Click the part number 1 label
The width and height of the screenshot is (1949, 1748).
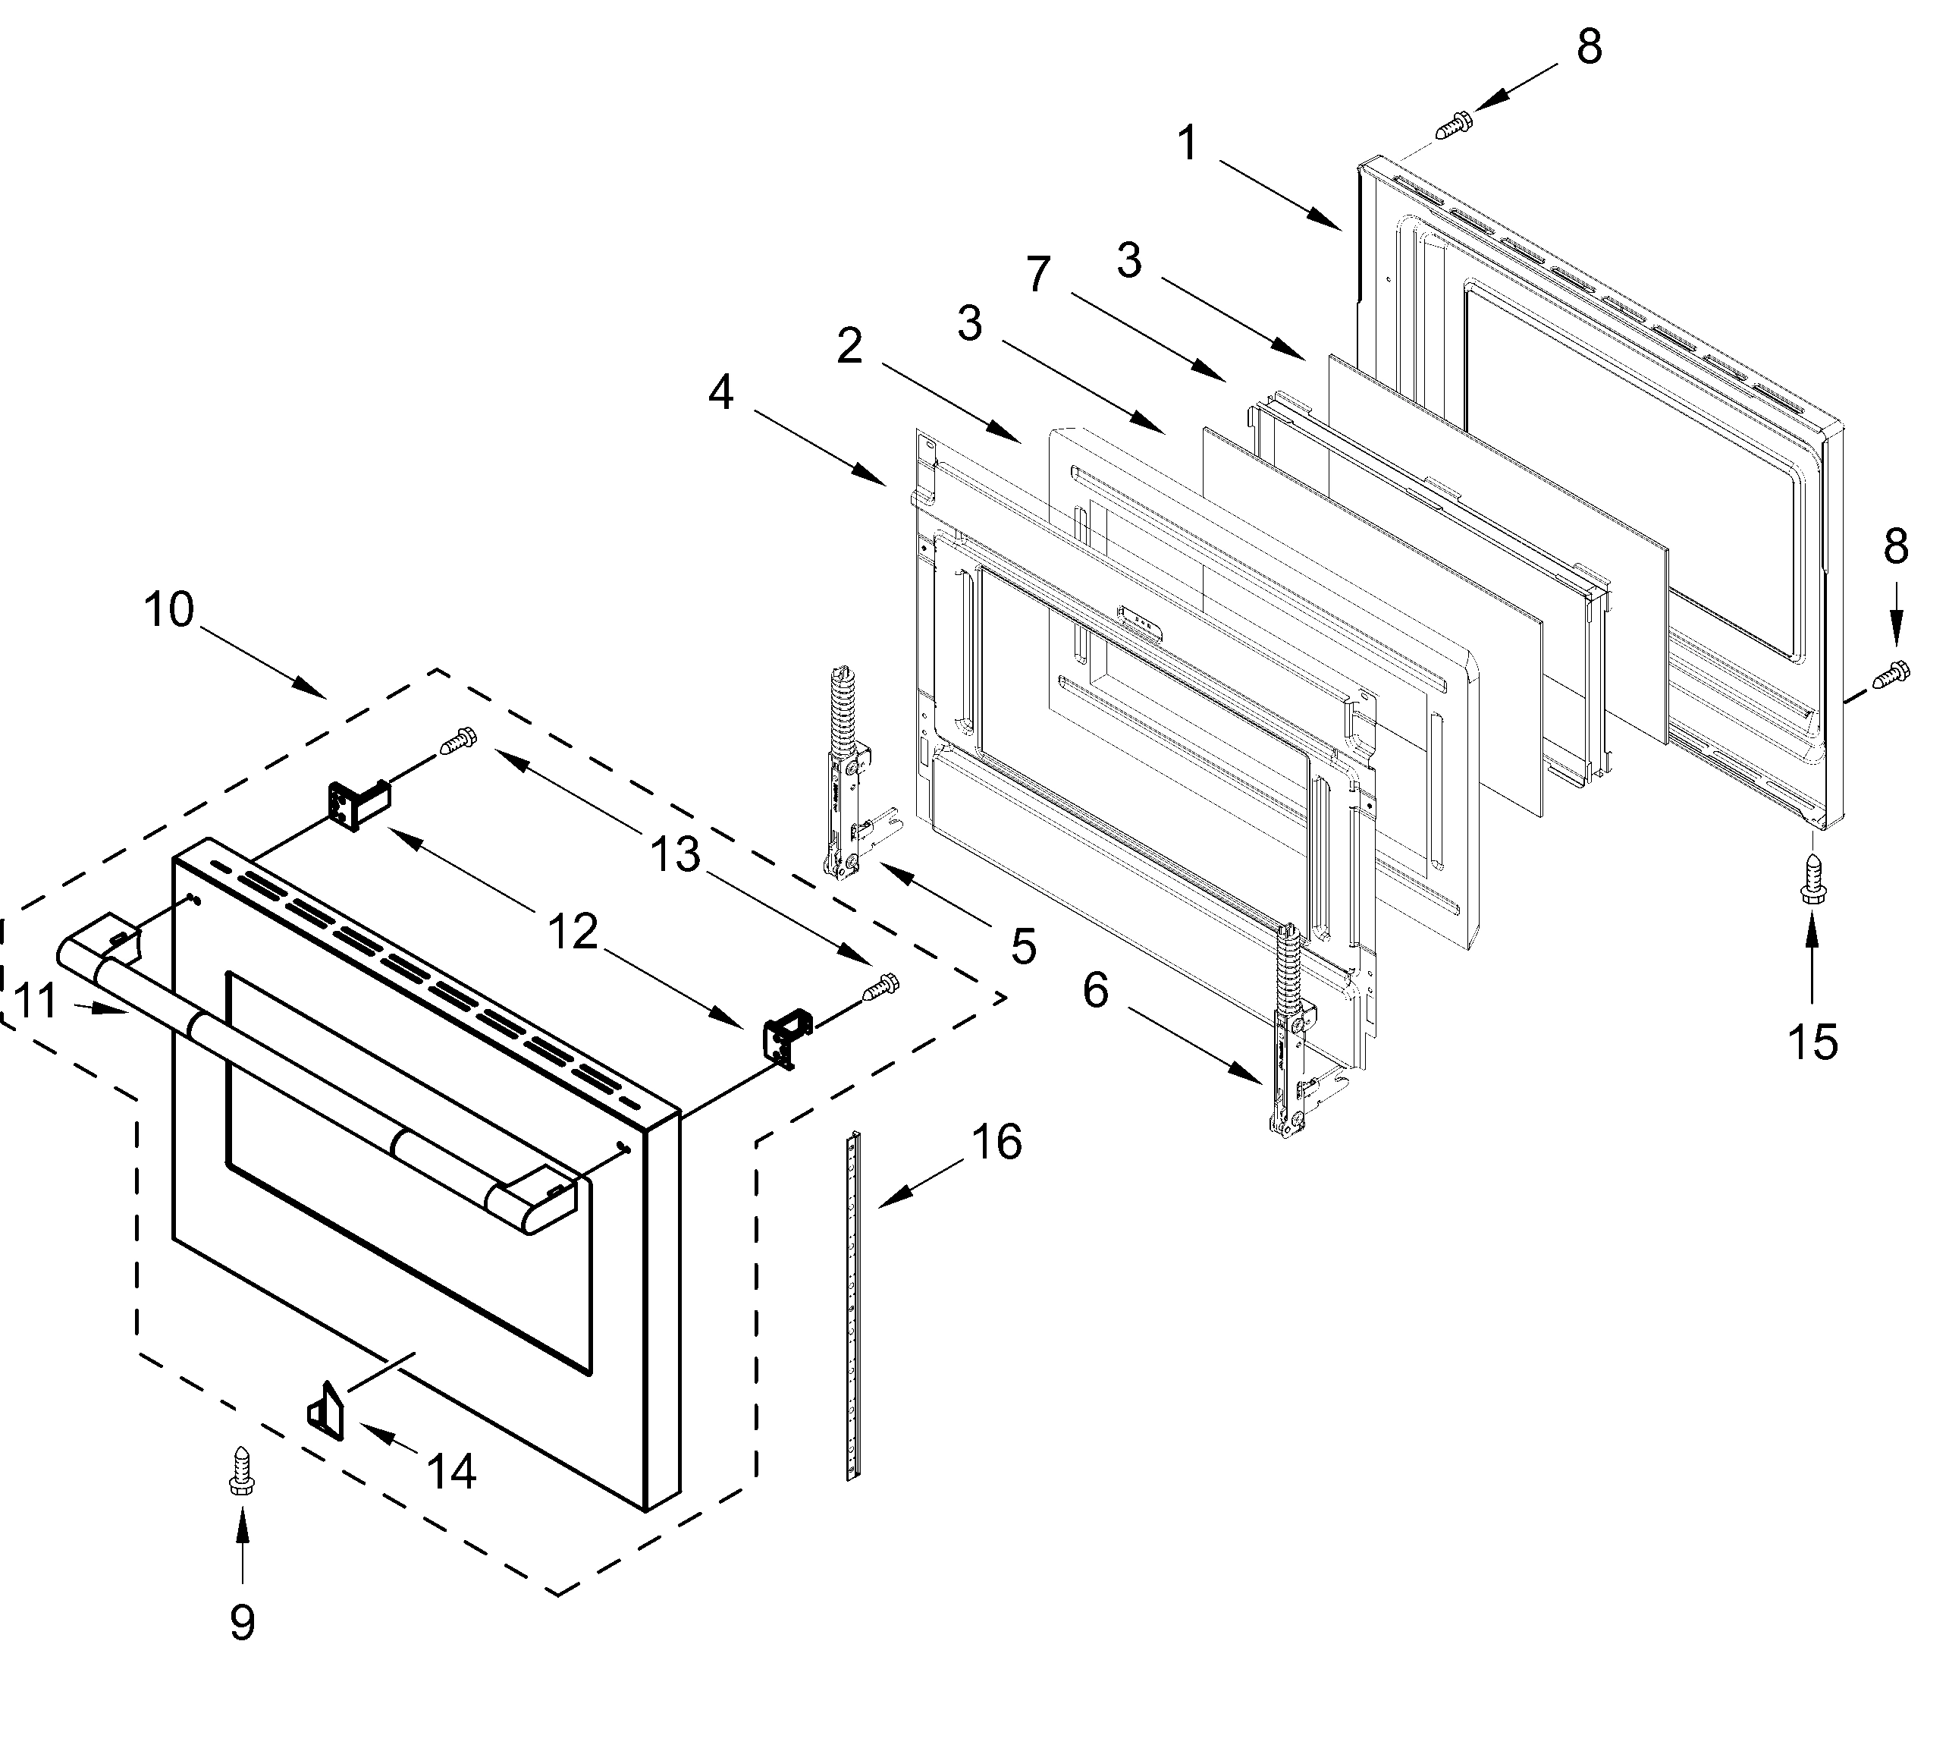(1188, 144)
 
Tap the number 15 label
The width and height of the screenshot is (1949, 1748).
(1812, 1042)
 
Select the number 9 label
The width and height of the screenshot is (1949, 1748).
(242, 1622)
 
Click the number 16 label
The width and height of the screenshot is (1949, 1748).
(996, 1142)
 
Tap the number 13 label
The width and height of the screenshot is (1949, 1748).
(675, 854)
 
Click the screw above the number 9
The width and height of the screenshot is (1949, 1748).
(241, 1470)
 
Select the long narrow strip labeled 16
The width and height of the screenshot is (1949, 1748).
(852, 1306)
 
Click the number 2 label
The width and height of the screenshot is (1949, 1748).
(849, 346)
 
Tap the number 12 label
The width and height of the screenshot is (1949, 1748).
(573, 932)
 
